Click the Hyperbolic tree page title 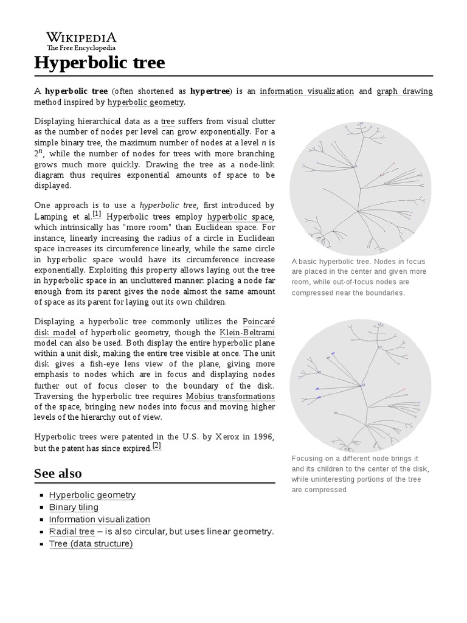click(x=99, y=63)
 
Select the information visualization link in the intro click(x=306, y=91)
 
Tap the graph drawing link click(x=404, y=91)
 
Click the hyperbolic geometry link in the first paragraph click(x=145, y=102)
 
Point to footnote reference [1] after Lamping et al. click(x=97, y=215)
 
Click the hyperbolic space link click(x=241, y=217)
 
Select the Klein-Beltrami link click(x=247, y=332)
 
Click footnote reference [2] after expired click(x=156, y=445)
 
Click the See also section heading click(x=58, y=473)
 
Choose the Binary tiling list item click(x=74, y=507)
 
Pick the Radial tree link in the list click(x=72, y=532)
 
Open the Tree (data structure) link click(x=91, y=544)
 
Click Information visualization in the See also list click(x=99, y=520)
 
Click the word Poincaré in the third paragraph click(x=258, y=321)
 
